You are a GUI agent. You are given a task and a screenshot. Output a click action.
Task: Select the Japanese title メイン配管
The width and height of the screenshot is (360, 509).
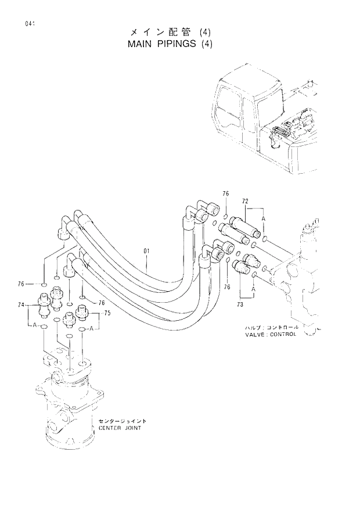pos(157,33)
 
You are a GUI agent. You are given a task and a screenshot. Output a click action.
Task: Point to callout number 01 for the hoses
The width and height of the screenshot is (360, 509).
pos(147,251)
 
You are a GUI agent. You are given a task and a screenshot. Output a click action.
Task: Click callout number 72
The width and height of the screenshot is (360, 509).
pos(245,201)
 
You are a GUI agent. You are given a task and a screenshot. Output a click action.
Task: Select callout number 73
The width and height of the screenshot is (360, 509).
pos(240,303)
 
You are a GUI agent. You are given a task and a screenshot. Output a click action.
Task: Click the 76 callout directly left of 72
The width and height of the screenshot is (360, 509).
pos(226,193)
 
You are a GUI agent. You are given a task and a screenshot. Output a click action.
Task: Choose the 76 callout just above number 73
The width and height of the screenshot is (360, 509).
pos(227,286)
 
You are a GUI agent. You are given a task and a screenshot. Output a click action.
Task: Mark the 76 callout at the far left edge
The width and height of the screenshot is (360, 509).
pos(21,284)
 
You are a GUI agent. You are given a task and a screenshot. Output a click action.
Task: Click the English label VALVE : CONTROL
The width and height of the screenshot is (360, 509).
pos(271,334)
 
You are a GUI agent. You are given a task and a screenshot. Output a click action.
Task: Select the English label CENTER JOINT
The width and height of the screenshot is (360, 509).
pos(120,428)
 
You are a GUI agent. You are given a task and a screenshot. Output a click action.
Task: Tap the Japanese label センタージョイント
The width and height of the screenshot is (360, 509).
pos(122,420)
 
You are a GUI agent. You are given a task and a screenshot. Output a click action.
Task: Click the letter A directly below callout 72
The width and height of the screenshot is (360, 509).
pos(263,218)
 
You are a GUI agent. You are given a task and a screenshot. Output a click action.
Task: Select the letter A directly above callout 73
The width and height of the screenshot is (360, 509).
pos(253,288)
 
